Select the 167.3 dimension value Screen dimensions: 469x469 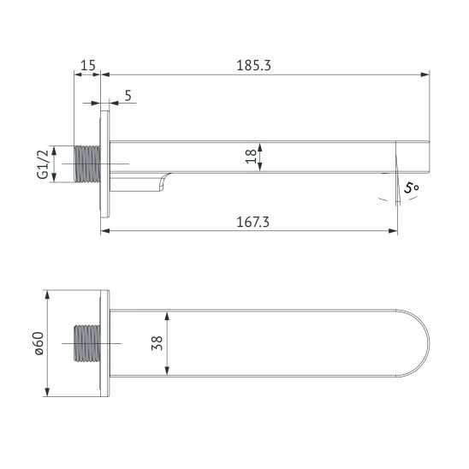coord(249,221)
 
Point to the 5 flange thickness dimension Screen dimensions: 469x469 coord(128,95)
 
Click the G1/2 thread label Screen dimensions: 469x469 coord(40,163)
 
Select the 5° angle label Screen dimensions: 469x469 coord(413,187)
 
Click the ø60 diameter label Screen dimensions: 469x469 coord(39,343)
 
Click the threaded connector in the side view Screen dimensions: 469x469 coord(88,163)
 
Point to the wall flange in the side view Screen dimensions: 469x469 coord(105,163)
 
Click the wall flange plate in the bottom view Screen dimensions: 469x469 coord(105,343)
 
